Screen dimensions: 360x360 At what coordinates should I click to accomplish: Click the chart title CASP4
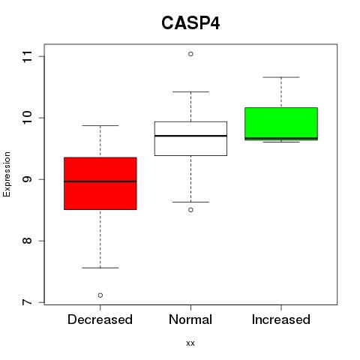(x=190, y=23)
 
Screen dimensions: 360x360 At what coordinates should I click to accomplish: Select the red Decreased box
(x=100, y=183)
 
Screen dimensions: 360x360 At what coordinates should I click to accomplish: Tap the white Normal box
(x=190, y=139)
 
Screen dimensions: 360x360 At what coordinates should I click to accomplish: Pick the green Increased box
(x=281, y=124)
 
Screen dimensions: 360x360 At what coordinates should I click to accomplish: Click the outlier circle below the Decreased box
(x=100, y=295)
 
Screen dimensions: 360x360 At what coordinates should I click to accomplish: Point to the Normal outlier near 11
(x=190, y=54)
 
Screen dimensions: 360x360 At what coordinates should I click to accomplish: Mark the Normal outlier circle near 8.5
(x=190, y=210)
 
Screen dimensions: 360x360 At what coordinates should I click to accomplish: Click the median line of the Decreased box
(x=100, y=181)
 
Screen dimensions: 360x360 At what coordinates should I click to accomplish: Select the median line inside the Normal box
(x=190, y=136)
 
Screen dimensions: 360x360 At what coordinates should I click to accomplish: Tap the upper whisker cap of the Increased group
(x=281, y=77)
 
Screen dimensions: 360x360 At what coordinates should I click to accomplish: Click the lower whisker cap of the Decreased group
(x=100, y=268)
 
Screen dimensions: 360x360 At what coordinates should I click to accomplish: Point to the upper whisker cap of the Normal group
(x=190, y=91)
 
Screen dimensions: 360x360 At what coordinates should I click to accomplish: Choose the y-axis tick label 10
(x=28, y=118)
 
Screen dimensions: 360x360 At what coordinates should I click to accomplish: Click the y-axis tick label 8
(x=28, y=241)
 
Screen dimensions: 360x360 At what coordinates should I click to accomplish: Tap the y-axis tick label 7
(x=28, y=302)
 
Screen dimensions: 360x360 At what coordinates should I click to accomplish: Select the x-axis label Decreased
(x=100, y=319)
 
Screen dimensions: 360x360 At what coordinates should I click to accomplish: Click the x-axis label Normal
(x=190, y=319)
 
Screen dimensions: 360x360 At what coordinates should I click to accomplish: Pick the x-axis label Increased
(x=281, y=319)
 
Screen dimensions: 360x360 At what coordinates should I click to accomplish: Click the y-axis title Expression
(x=7, y=174)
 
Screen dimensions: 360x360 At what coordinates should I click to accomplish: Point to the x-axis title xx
(x=190, y=343)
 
